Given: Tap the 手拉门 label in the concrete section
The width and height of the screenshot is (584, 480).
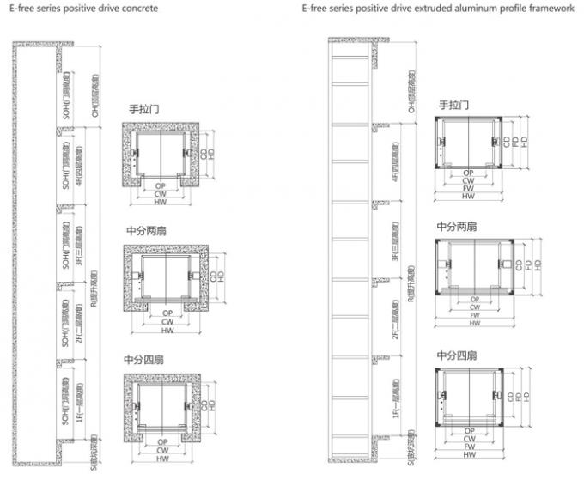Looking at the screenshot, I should (144, 109).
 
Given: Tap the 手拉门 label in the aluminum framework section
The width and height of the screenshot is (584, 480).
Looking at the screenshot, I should (453, 104).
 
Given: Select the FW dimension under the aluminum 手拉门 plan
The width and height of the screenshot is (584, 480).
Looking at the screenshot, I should (469, 188).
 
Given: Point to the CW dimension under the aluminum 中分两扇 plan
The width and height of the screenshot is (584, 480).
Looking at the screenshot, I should (474, 307).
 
